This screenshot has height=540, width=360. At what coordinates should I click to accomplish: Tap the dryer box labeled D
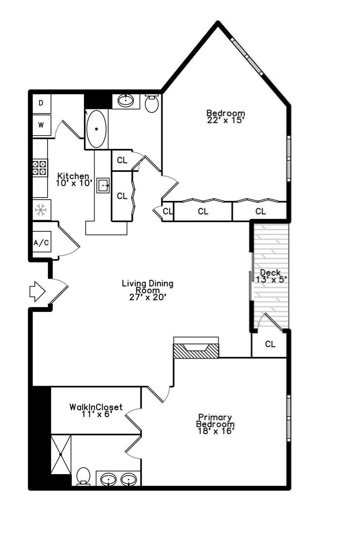click(x=41, y=103)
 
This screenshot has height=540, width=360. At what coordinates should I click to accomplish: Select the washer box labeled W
click(x=41, y=125)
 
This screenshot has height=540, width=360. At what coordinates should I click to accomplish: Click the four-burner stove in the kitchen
click(x=40, y=168)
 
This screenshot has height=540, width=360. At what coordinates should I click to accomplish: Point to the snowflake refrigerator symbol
click(x=41, y=210)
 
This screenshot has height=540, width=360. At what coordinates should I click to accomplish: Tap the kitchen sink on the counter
click(x=103, y=185)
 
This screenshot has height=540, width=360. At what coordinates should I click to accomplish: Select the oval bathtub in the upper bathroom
click(x=96, y=129)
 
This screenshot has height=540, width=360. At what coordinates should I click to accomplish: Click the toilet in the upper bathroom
click(x=152, y=103)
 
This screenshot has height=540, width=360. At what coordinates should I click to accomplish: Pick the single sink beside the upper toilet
click(x=126, y=101)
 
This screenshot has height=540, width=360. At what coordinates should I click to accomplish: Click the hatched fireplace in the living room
click(x=196, y=351)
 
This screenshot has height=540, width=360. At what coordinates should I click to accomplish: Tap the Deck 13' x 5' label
click(x=271, y=276)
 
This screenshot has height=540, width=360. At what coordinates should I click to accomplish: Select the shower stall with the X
click(x=61, y=454)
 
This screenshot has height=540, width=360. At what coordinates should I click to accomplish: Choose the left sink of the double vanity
click(x=108, y=479)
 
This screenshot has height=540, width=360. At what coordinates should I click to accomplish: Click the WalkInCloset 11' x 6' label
click(x=96, y=411)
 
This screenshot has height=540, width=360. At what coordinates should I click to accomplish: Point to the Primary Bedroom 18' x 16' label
click(x=215, y=424)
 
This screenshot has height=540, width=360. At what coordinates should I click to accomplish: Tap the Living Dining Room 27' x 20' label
click(x=148, y=290)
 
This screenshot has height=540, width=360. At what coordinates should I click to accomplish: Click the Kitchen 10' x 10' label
click(x=73, y=179)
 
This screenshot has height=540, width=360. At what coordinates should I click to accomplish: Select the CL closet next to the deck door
click(x=270, y=344)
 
